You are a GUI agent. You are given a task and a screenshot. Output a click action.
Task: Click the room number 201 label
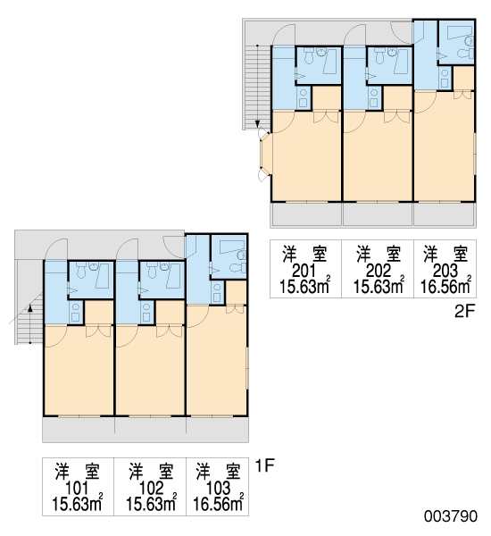[x=304, y=271]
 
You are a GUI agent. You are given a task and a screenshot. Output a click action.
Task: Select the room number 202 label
[x=378, y=271]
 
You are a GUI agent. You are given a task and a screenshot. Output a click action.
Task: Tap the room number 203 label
[x=445, y=271]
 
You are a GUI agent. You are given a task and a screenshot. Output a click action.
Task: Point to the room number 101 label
[x=77, y=489]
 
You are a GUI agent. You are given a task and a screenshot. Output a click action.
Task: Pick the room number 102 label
[x=152, y=489]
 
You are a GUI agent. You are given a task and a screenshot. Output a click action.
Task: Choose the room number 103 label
[x=219, y=489]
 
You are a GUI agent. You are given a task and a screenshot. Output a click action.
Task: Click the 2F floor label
[x=465, y=311]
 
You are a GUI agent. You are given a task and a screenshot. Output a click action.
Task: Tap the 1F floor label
[x=265, y=465]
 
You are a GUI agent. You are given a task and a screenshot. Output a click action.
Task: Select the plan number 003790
[x=451, y=516]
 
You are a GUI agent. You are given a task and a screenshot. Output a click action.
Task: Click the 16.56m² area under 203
[x=445, y=286]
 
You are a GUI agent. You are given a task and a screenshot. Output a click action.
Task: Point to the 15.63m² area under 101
[x=77, y=504]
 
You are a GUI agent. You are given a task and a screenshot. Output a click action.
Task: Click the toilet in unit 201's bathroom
[x=309, y=56]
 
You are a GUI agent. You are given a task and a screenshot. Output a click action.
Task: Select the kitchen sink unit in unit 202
[x=374, y=97]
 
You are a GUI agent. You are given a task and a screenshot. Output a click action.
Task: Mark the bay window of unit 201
[x=265, y=155]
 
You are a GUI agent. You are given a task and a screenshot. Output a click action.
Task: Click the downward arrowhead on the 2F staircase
[x=258, y=124]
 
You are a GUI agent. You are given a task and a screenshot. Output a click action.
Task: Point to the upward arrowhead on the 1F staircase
[x=30, y=307]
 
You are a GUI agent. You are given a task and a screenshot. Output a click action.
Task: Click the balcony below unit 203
[x=445, y=214]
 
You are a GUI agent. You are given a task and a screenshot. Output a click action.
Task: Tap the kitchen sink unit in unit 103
[x=217, y=292]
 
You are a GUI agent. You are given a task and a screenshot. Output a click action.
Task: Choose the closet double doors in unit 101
[x=99, y=331]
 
